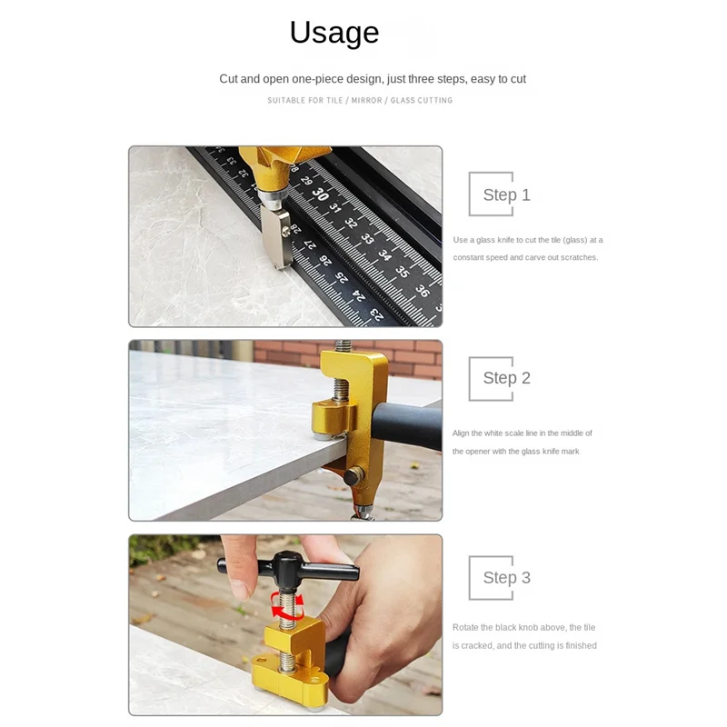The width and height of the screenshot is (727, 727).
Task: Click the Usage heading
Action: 334,33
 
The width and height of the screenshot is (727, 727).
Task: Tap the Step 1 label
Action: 506,194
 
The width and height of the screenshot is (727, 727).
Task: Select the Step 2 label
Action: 506,378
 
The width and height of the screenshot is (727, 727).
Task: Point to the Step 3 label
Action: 506,578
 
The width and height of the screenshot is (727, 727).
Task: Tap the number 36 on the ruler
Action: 422,290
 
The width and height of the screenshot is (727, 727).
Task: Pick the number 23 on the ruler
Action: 377,314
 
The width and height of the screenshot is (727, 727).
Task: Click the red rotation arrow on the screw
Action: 287,605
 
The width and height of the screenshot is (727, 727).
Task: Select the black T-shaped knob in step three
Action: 288,568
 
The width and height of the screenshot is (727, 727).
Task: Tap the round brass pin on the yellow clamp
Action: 354,476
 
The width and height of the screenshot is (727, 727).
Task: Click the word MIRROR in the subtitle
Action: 366,100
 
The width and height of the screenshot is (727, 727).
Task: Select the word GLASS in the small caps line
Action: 403,100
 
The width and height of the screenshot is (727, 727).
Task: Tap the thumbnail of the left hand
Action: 241,591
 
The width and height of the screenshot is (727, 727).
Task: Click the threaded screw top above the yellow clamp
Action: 343,346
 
